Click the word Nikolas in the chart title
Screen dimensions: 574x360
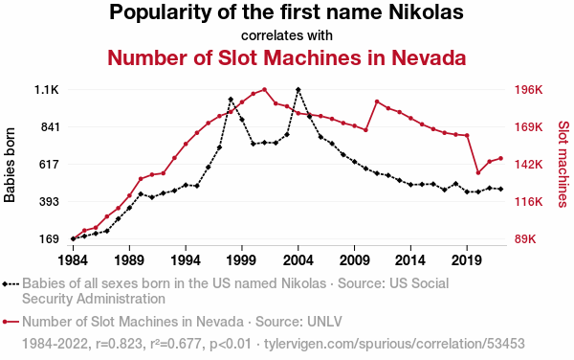pos(426,11)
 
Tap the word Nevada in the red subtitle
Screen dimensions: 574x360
pos(429,57)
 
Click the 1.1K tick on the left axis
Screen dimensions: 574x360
pos(47,90)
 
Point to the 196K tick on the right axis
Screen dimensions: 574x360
pos(529,90)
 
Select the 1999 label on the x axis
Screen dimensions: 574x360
pos(241,260)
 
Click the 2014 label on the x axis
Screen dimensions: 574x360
pos(410,260)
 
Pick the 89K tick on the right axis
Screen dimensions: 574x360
pos(525,239)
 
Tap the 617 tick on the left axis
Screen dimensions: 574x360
pos(50,165)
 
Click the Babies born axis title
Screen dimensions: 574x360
pos(10,165)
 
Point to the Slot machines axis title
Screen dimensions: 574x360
pos(563,165)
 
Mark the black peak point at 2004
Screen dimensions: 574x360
pos(298,90)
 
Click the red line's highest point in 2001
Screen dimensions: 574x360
pos(264,89)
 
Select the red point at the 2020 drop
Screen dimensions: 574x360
pos(478,172)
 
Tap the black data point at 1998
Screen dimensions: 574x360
pos(231,100)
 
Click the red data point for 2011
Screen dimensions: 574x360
pos(377,101)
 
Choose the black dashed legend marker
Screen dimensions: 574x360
pos(11,283)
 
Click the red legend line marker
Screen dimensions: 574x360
pos(11,322)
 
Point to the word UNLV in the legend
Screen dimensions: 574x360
pos(324,322)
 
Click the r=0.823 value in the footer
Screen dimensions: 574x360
pos(119,344)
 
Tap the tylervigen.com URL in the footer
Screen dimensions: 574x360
pos(394,344)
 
